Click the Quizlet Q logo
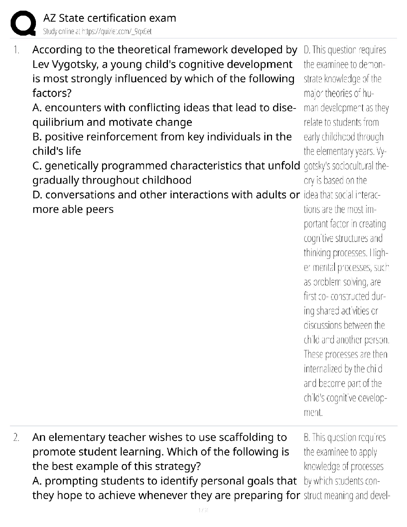pos(23,23)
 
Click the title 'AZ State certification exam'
pos(110,18)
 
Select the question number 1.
pos(16,50)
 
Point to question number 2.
pos(16,437)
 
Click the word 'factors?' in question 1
pos(52,93)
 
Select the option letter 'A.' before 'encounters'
pos(37,108)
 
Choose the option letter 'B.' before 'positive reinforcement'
pos(37,137)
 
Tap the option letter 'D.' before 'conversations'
pos(38,195)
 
